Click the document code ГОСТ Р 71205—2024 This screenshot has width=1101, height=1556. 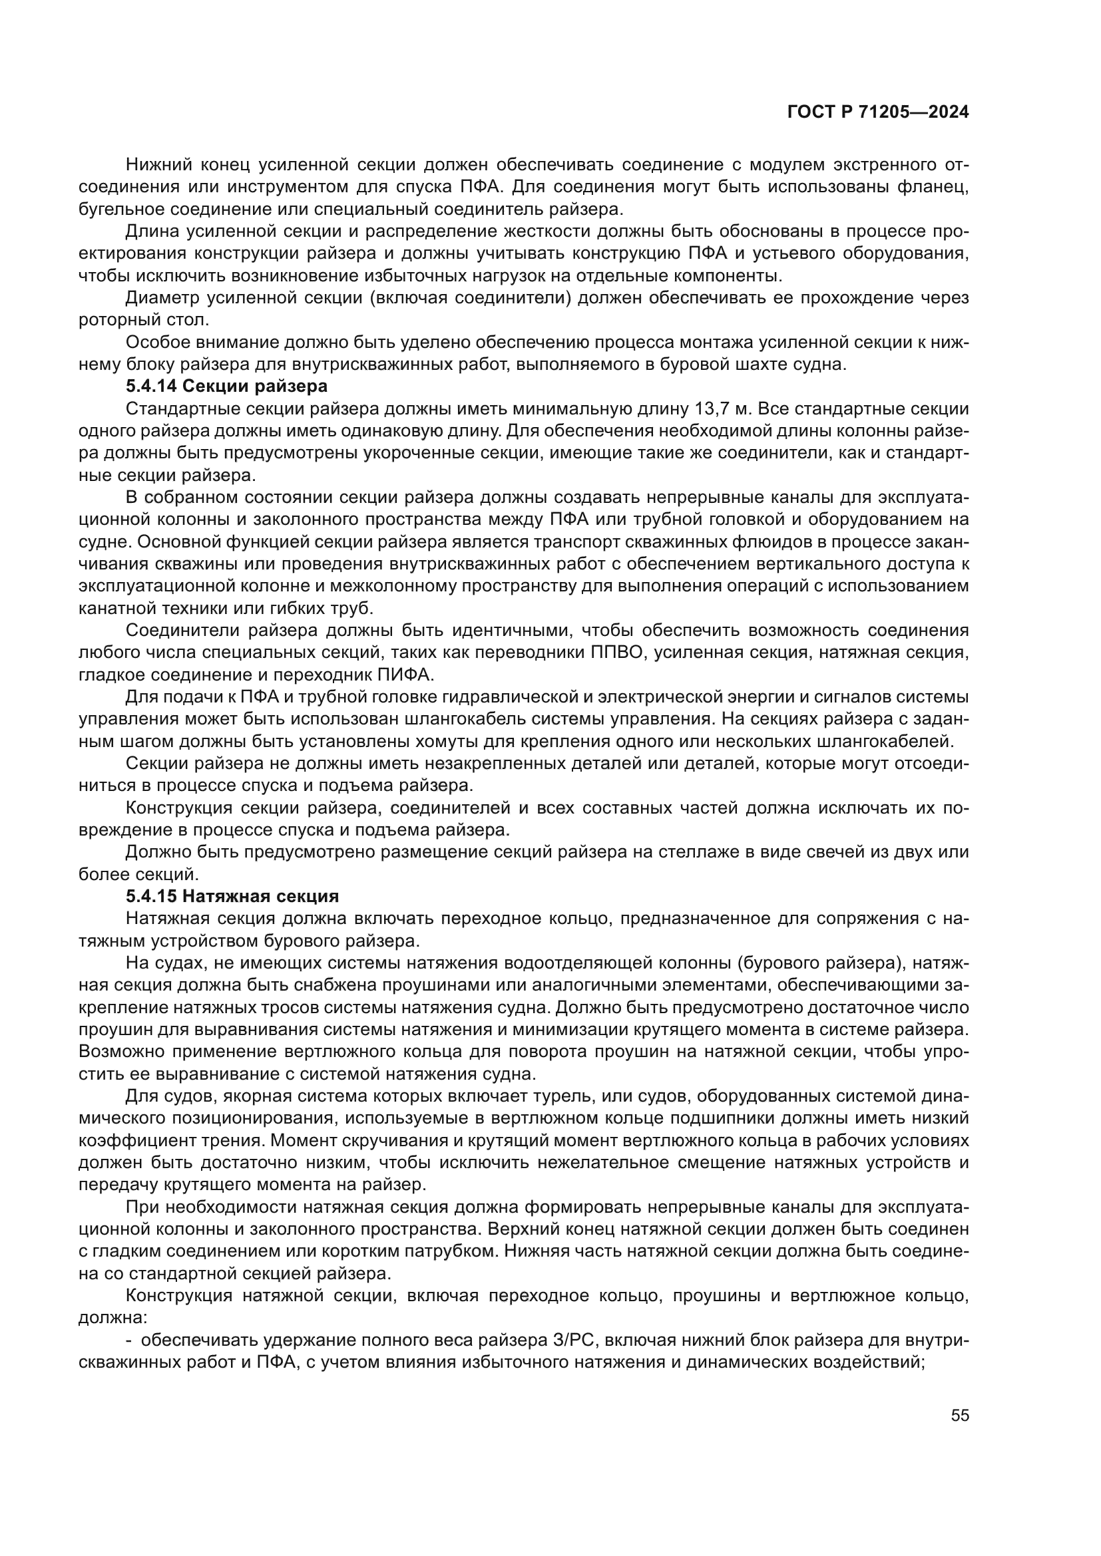click(878, 112)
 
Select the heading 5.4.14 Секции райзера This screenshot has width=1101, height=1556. click(226, 387)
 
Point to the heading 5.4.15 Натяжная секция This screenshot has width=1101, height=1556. click(232, 896)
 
